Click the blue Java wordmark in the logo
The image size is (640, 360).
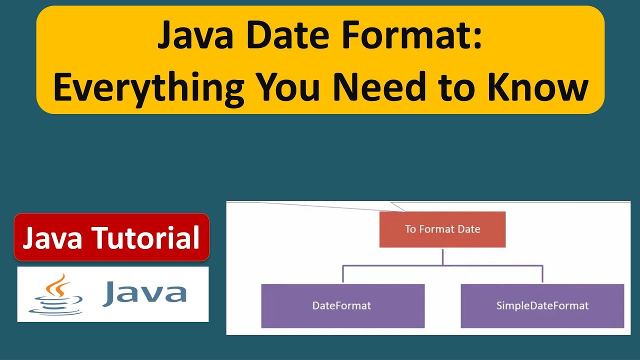[144, 293]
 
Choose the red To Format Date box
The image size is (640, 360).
[442, 229]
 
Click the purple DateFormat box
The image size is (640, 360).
[342, 305]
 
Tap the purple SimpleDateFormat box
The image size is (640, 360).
[542, 305]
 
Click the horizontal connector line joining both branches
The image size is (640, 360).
[442, 266]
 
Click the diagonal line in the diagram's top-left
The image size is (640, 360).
[320, 206]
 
